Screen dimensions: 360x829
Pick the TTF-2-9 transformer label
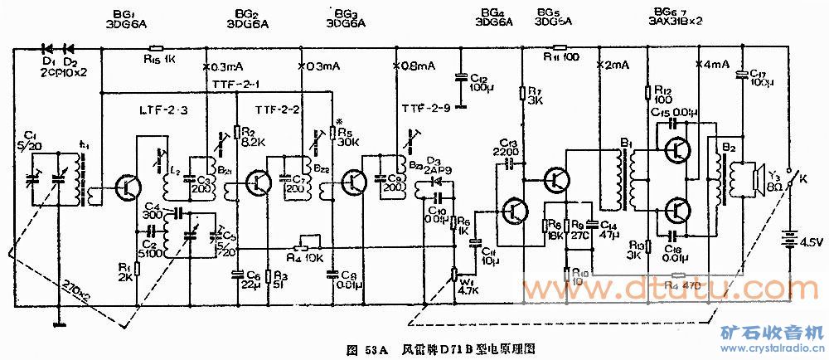[425, 108]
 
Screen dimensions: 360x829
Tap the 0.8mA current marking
[417, 66]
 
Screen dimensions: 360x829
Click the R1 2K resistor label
[125, 272]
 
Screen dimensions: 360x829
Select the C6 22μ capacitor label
[247, 280]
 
